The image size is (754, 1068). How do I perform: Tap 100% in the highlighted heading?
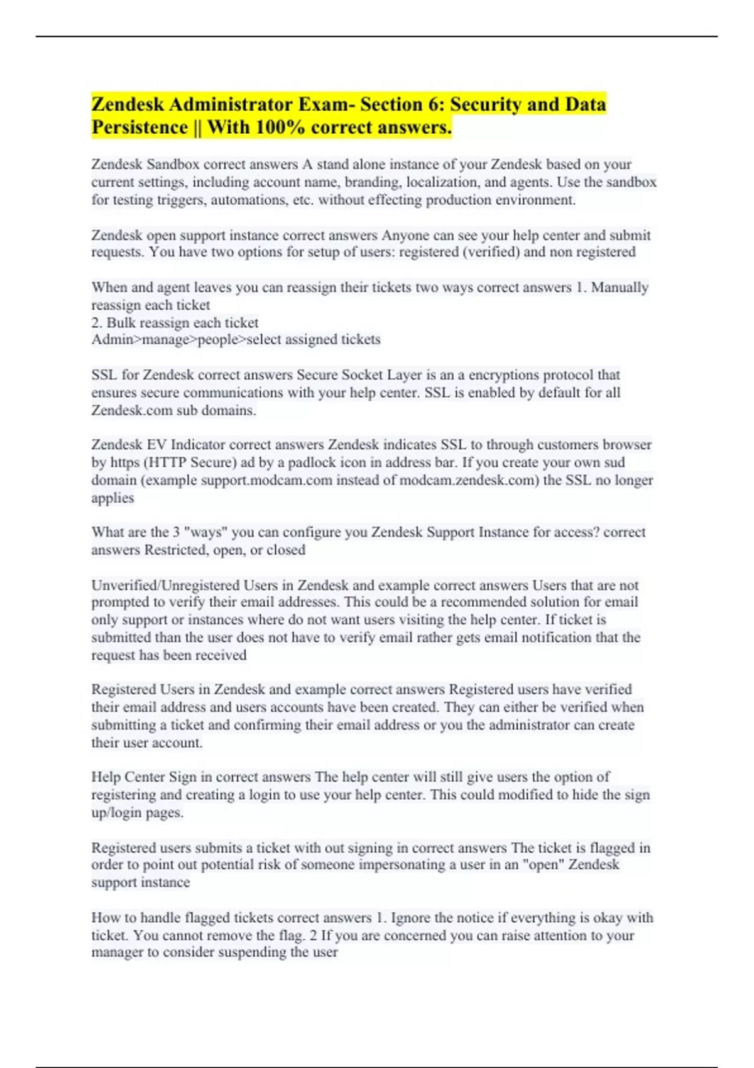click(280, 128)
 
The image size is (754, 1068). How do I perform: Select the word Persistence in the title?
click(139, 128)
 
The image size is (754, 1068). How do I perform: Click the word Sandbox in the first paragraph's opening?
click(173, 165)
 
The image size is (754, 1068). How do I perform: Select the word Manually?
click(620, 288)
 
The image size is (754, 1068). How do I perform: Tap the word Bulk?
click(120, 323)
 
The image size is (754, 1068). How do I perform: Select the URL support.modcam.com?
click(266, 481)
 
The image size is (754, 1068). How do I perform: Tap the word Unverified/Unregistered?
click(165, 586)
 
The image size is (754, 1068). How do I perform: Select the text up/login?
click(117, 813)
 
